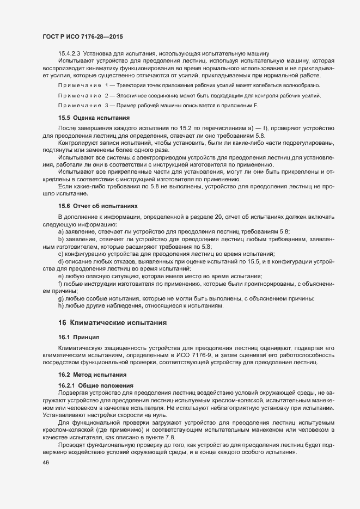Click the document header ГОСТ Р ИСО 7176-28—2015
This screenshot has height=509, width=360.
tap(82, 36)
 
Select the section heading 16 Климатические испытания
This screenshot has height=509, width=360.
tap(112, 323)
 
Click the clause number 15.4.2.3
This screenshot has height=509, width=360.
tap(69, 53)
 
